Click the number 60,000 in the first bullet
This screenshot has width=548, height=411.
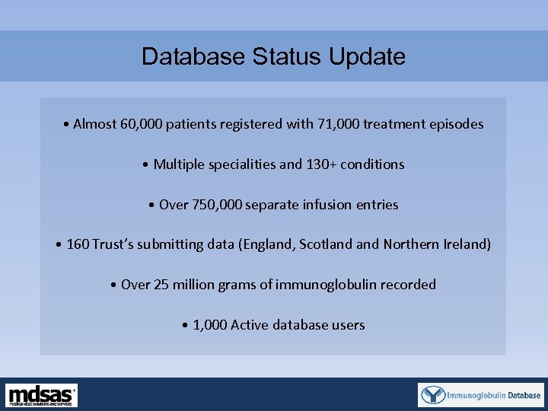pos(142,124)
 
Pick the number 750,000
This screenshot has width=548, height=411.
pos(217,205)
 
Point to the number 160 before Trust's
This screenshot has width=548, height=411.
pos(78,244)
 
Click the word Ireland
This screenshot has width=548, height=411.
pos(465,244)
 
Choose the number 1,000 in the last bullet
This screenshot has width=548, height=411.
pos(209,325)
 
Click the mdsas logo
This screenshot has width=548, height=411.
pos(42,395)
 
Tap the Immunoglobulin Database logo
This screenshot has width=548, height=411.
pos(481,395)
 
